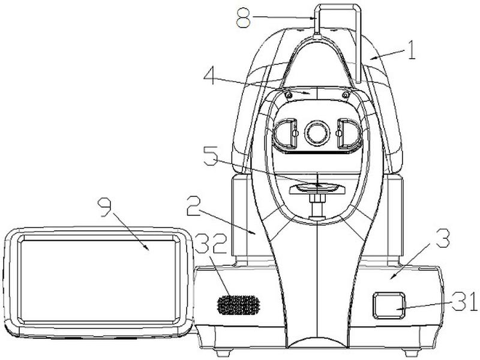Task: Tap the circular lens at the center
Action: pos(317,132)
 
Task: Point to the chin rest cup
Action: pos(316,188)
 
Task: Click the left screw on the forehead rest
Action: pos(289,95)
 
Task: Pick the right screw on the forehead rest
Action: pos(345,95)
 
